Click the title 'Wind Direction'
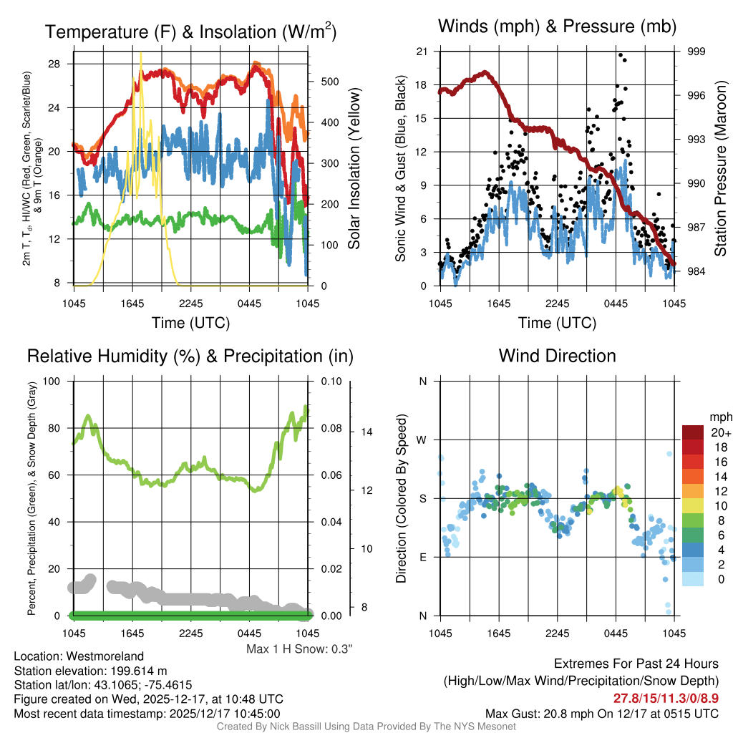[x=557, y=356]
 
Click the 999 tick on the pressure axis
[x=696, y=52]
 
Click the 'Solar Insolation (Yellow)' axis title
[x=354, y=168]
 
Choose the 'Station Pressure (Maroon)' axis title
[x=721, y=169]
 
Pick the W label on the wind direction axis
[x=422, y=440]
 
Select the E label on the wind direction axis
[x=422, y=557]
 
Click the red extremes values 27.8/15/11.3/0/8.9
[x=666, y=698]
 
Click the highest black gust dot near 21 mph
[x=621, y=54]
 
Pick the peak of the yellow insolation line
[x=140, y=53]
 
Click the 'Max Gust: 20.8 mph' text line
[x=601, y=713]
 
